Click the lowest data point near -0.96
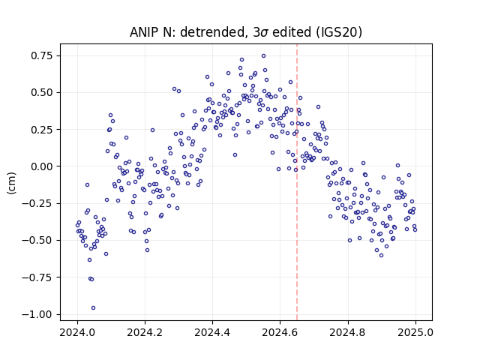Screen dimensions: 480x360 coord(93,308)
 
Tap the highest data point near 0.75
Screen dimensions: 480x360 coord(263,56)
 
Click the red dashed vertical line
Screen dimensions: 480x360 coord(297,182)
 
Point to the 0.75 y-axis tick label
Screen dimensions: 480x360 coord(42,55)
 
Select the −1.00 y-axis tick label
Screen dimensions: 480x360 coord(37,314)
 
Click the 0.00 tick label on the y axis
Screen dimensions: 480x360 coord(42,166)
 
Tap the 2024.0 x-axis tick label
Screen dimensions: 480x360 coord(77,332)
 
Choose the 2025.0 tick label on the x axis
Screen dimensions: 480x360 coord(415,332)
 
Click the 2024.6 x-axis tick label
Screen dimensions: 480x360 coord(280,332)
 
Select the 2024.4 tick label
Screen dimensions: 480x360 coord(212,332)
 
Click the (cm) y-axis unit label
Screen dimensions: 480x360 coord(11,182)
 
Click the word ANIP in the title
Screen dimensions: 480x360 coord(142,32)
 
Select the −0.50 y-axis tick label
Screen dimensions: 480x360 coord(37,240)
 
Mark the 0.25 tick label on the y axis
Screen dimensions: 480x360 coord(42,130)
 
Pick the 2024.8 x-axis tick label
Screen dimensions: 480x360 coord(347,332)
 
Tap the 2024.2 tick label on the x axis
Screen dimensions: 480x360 coord(145,332)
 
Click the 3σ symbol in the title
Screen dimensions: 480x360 coord(261,32)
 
